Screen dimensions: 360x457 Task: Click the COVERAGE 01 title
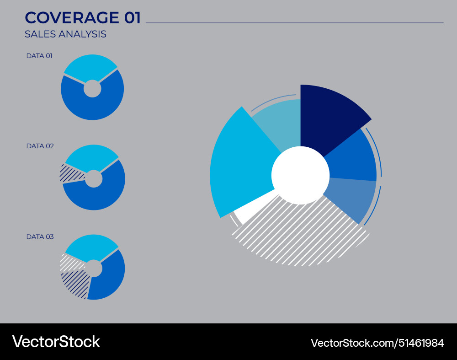coord(83,17)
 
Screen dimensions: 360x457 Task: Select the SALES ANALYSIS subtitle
coord(65,34)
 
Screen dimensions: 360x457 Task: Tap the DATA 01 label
coord(39,56)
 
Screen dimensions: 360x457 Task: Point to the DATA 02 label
coord(40,146)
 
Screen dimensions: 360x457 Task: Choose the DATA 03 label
coord(40,236)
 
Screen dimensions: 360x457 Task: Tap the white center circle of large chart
coord(300,175)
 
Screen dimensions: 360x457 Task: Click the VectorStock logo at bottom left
coord(56,342)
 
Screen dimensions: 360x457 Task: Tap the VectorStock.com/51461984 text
coord(377,343)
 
